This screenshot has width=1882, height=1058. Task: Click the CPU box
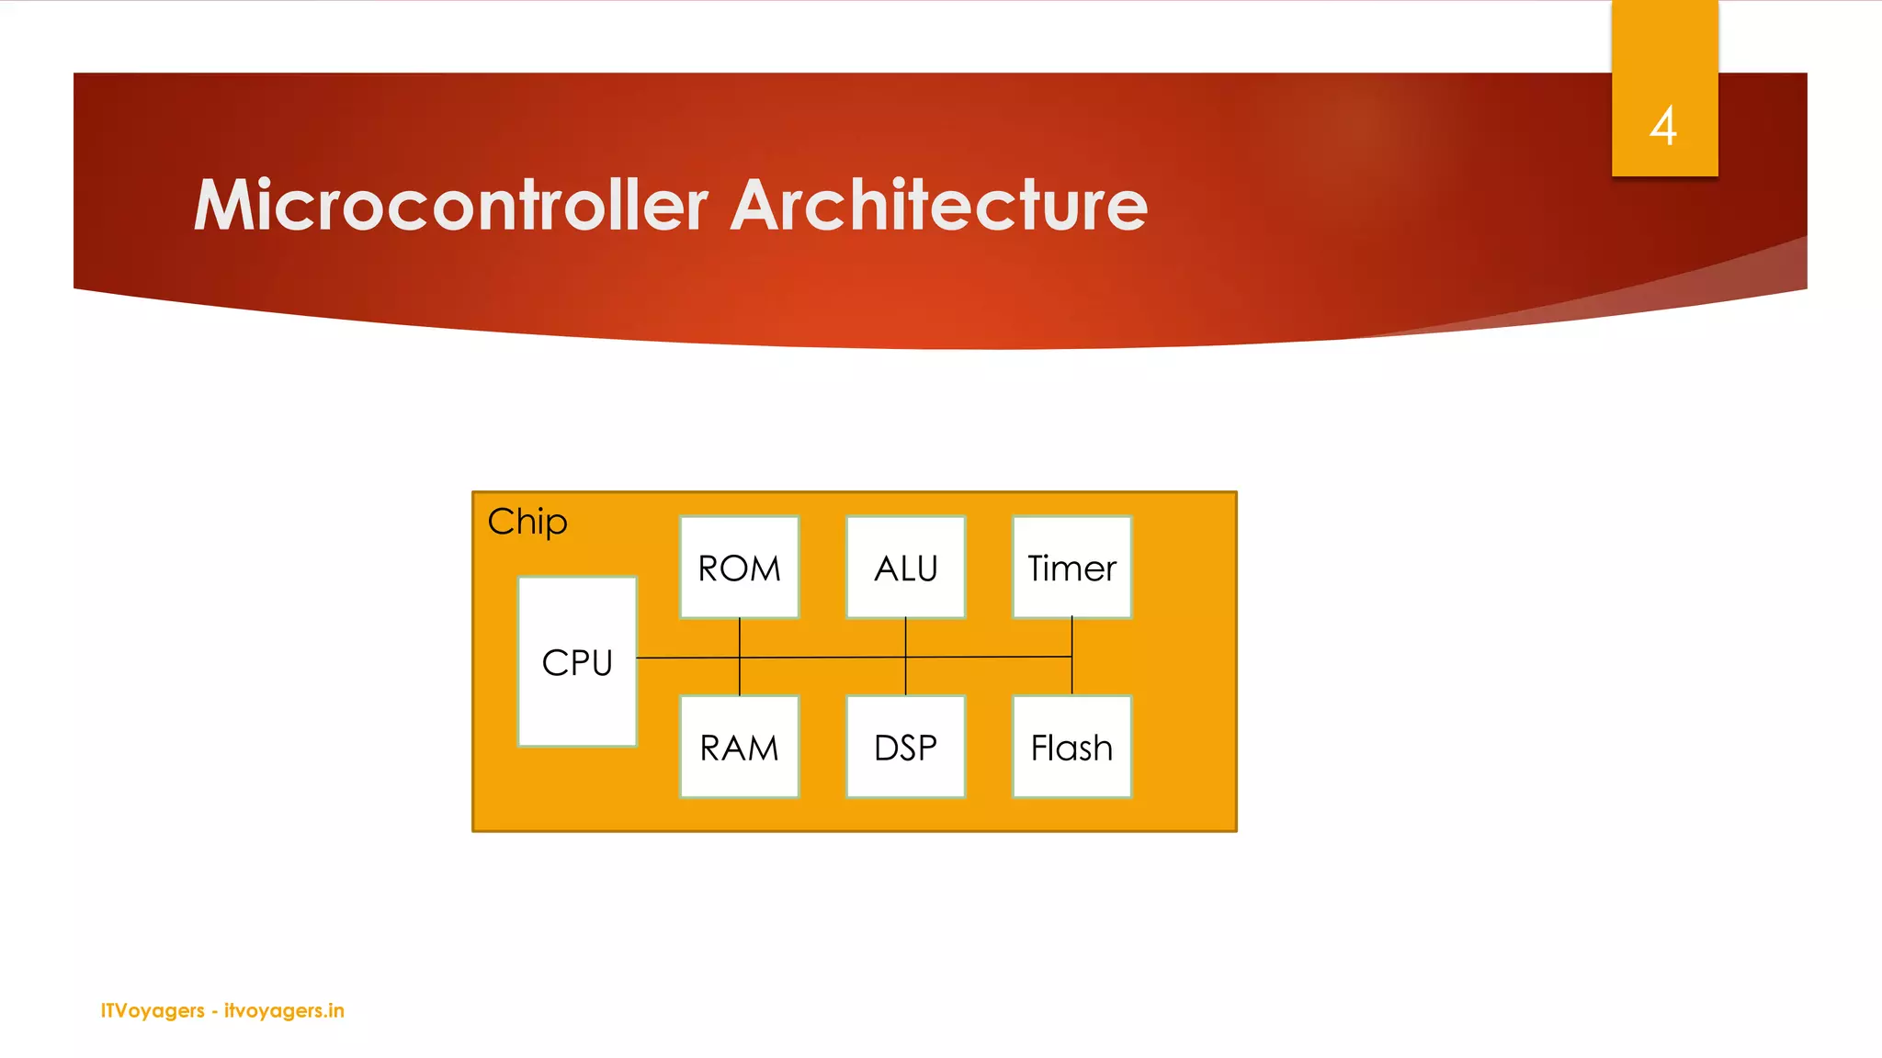577,661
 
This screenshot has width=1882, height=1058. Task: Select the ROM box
739,568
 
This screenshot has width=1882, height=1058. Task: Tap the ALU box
905,568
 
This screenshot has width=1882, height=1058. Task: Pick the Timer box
1071,568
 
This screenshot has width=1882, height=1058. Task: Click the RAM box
739,747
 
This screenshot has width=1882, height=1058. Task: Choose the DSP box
905,747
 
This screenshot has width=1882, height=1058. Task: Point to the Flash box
1071,747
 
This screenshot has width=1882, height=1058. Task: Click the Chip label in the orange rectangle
527,522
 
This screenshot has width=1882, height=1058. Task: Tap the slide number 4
1663,126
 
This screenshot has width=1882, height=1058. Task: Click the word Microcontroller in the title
450,205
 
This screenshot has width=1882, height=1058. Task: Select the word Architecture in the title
938,205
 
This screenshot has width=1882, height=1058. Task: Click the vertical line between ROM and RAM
740,680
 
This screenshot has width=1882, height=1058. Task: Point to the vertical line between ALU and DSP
906,680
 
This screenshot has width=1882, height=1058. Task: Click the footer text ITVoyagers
153,1010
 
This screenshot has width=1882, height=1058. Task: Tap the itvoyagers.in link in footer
284,1010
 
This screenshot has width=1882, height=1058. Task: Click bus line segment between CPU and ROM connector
687,658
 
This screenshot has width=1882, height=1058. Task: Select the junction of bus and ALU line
906,658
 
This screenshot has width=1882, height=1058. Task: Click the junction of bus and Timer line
1071,657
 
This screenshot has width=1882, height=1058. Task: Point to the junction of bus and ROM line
740,658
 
